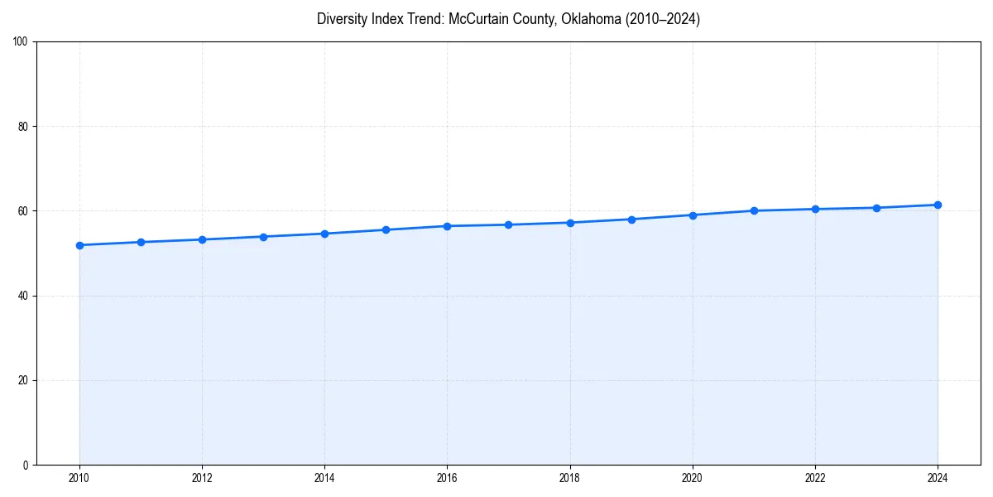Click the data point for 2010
(79, 245)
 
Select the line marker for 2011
(141, 242)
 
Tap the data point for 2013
(263, 237)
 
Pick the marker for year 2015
(386, 229)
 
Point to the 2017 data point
(508, 224)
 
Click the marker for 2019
(631, 220)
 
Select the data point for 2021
(754, 210)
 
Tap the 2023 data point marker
(876, 208)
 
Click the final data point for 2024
(938, 205)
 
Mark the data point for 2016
(447, 226)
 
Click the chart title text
(508, 19)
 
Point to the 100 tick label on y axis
(21, 42)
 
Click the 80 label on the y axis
(23, 127)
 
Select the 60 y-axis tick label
(23, 211)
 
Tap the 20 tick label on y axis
(23, 380)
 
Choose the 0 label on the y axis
(26, 465)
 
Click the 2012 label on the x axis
(202, 478)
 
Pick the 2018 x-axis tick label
(569, 478)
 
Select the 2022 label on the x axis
(815, 478)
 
